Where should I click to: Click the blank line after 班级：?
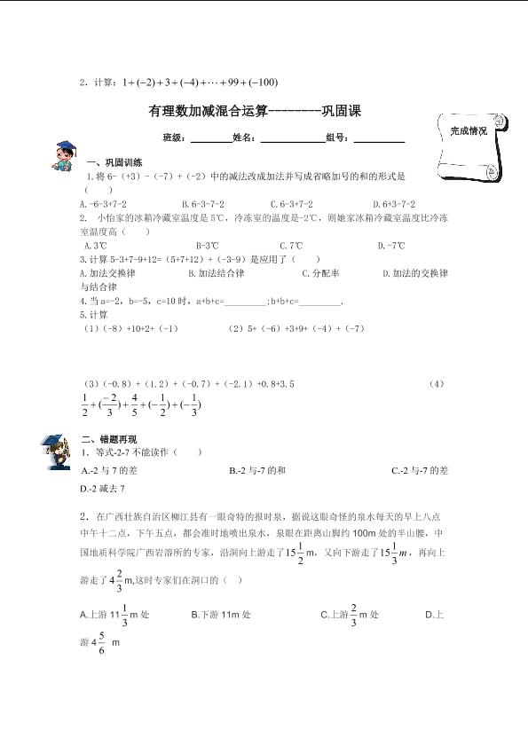(x=210, y=139)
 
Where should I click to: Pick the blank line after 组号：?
(x=379, y=139)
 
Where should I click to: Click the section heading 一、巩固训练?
(x=114, y=163)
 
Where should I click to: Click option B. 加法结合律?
(x=214, y=274)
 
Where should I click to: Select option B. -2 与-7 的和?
(x=256, y=472)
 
